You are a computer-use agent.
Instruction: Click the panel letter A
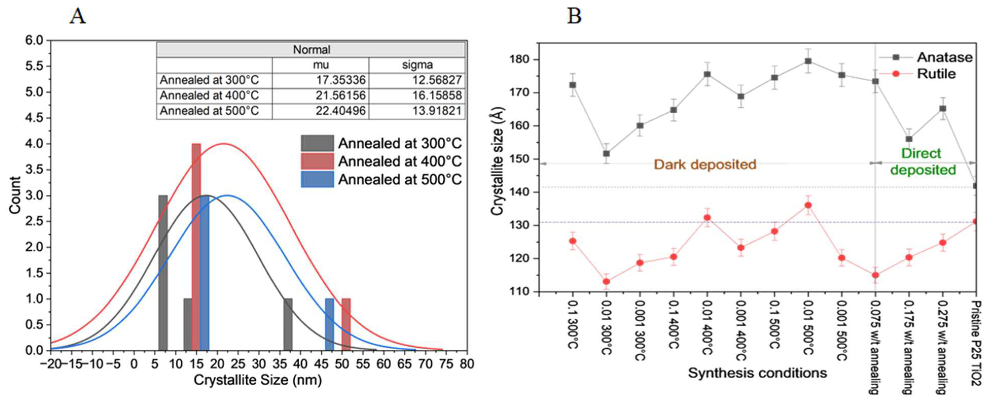(78, 16)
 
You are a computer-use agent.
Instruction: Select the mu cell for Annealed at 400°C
(340, 95)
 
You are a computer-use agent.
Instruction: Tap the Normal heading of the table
(311, 49)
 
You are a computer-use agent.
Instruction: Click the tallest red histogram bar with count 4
(196, 246)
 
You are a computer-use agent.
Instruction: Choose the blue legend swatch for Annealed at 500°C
(317, 179)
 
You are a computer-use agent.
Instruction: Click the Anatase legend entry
(944, 57)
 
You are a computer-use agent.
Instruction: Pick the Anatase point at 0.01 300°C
(606, 154)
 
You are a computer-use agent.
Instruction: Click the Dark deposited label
(705, 164)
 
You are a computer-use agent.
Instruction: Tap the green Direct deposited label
(923, 161)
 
